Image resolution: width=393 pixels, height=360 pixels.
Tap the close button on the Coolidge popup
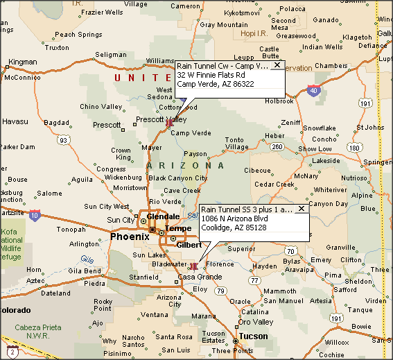point(301,209)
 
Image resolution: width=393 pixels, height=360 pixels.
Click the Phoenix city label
point(130,237)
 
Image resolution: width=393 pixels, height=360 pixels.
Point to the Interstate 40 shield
point(315,90)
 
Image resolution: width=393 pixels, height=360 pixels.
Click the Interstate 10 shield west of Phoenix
point(35,215)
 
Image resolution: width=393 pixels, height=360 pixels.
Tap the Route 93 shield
point(63,140)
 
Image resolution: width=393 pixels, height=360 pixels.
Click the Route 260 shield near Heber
point(277,146)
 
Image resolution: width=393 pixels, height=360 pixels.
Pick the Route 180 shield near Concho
point(354,147)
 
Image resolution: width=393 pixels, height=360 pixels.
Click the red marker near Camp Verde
point(169,122)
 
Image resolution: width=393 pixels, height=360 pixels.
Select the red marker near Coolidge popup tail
point(194,266)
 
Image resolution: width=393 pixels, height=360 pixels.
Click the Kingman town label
point(22,62)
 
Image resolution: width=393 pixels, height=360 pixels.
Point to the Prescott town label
point(107,126)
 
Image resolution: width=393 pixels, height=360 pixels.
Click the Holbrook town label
point(279,101)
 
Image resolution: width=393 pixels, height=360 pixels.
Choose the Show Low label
point(315,149)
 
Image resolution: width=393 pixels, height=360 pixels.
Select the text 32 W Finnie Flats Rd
point(211,75)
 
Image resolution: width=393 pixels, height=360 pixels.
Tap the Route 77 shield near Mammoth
point(255,281)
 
